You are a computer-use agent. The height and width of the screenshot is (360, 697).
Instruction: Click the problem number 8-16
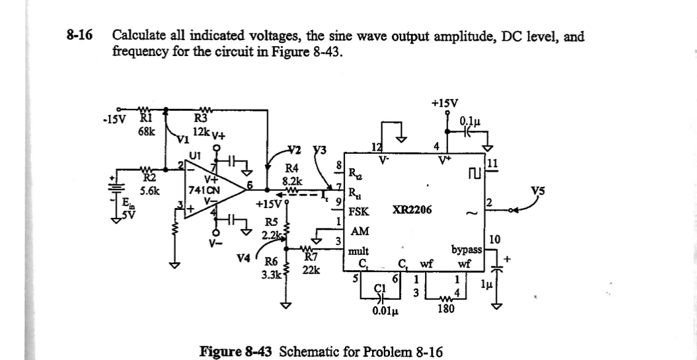point(79,36)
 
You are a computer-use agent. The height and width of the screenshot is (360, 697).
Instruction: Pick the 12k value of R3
point(201,132)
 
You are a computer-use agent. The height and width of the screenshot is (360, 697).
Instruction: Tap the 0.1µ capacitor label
point(471,121)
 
